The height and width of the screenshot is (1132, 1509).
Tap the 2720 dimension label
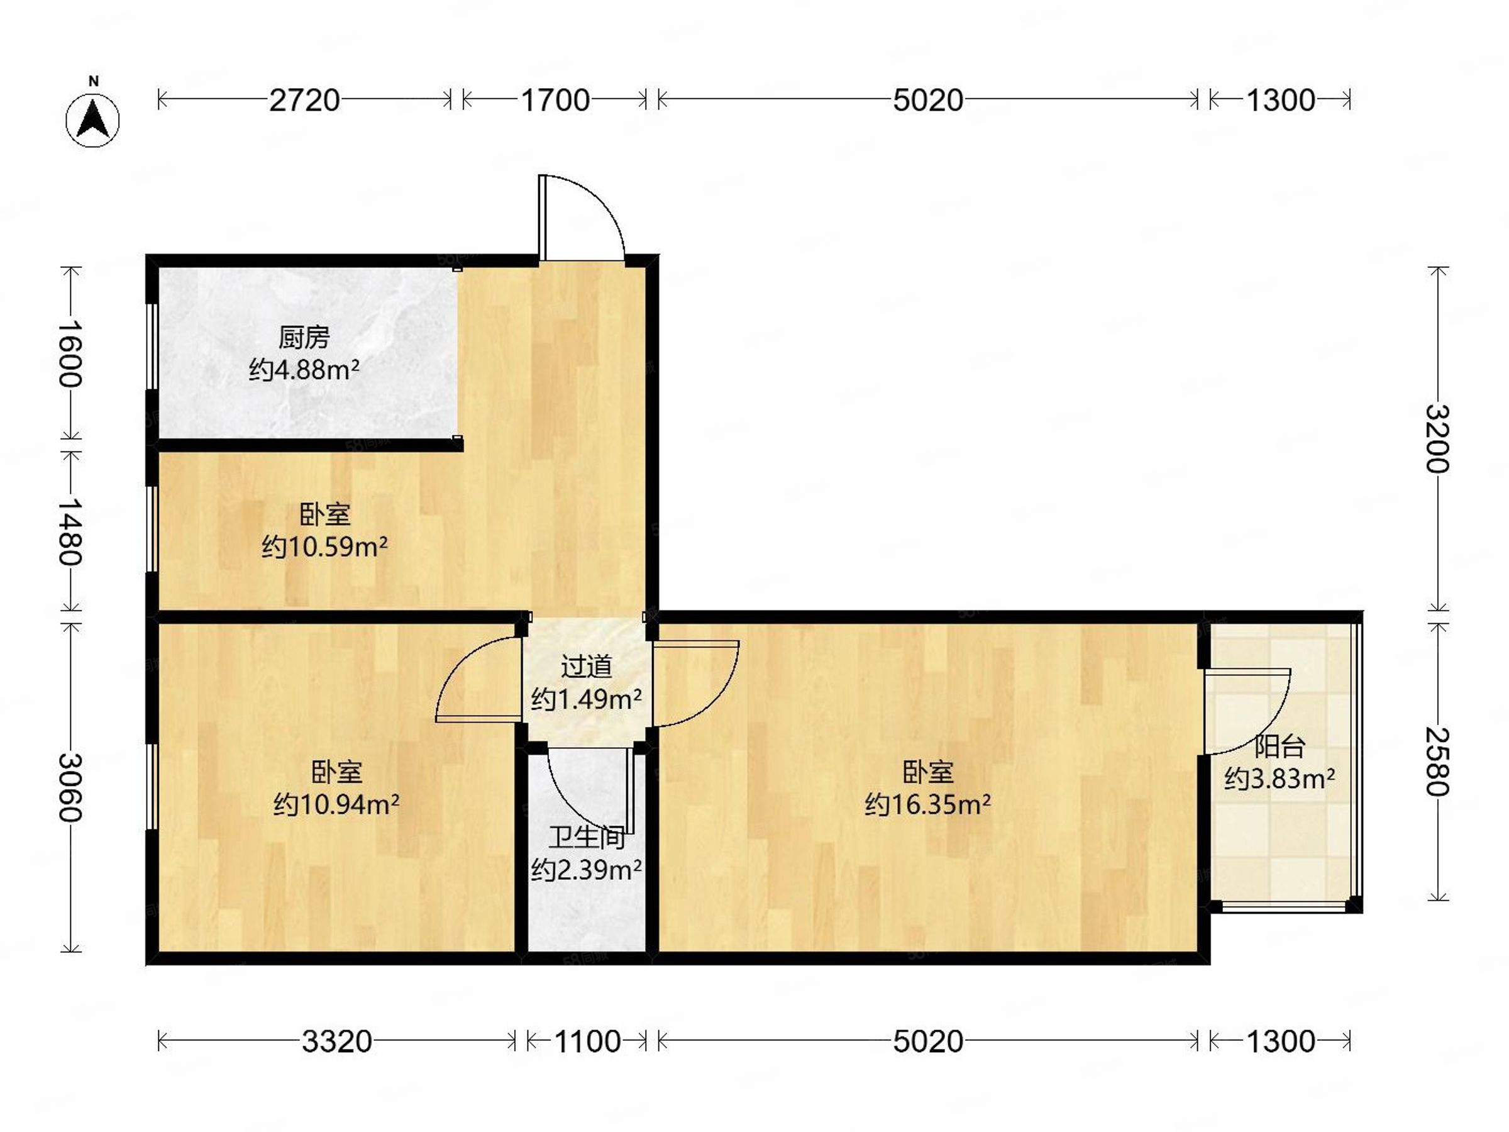point(304,100)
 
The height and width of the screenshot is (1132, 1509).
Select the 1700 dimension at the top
point(555,100)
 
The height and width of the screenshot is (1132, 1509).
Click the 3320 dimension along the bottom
point(336,1041)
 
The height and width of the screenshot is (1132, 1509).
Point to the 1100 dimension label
point(587,1041)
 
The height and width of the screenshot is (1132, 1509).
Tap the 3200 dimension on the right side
point(1437,439)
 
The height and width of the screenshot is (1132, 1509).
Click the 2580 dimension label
point(1437,762)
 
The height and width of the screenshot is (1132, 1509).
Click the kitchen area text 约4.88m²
point(304,370)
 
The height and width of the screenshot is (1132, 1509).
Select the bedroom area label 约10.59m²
point(324,547)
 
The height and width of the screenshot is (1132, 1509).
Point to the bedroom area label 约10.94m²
point(336,805)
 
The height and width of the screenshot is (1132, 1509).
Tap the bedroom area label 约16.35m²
point(928,805)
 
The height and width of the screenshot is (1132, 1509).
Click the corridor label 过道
point(586,667)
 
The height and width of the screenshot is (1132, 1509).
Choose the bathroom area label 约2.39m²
point(586,870)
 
